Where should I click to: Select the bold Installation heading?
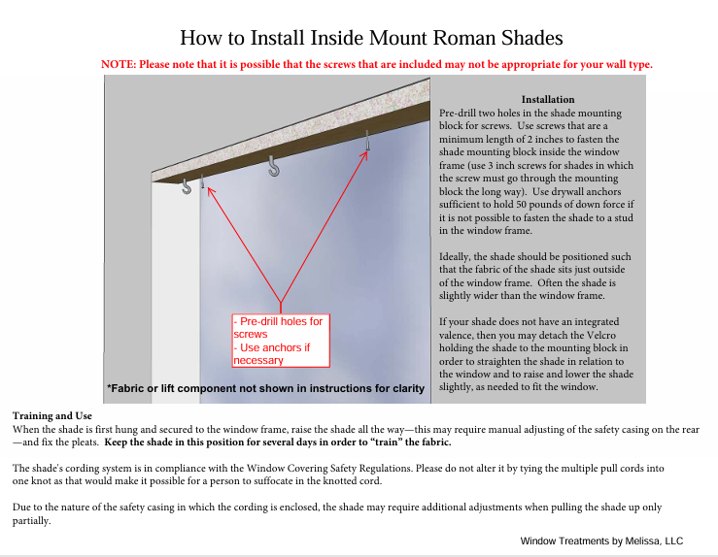click(x=548, y=100)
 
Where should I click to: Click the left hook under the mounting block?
click(x=187, y=186)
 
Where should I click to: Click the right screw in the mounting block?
click(x=367, y=141)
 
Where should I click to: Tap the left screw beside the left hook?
click(x=202, y=180)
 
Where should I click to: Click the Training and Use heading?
click(x=46, y=415)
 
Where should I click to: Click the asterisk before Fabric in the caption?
click(x=109, y=388)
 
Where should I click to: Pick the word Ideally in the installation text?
click(x=457, y=257)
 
